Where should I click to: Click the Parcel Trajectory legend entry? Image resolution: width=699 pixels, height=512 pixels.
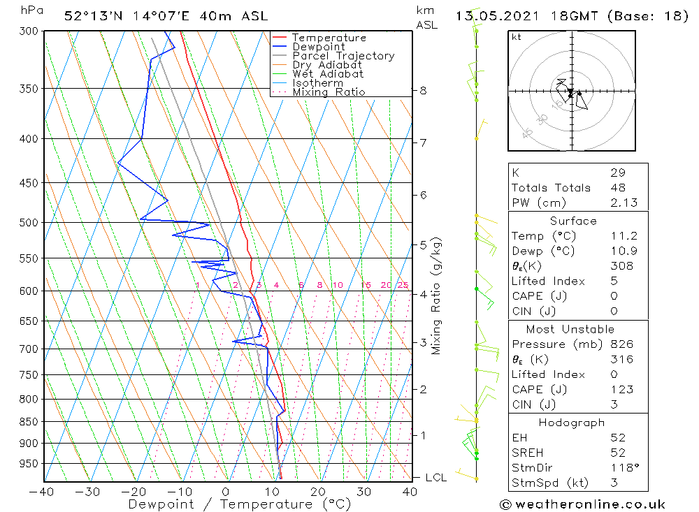[343, 56]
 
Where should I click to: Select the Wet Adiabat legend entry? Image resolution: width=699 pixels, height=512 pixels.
[328, 74]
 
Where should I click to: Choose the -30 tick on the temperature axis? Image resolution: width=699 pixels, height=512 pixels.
[88, 491]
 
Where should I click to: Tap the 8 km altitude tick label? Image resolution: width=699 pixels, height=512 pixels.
[423, 90]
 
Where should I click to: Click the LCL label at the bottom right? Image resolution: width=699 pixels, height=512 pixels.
[435, 478]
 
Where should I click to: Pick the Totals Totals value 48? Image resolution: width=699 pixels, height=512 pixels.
[617, 188]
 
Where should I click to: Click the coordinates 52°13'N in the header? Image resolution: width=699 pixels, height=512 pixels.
[91, 16]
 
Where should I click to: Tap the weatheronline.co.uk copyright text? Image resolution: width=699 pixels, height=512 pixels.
[583, 504]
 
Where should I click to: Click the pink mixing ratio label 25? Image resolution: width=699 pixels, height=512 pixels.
[403, 285]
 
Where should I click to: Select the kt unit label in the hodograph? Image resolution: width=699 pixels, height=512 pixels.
[517, 37]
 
